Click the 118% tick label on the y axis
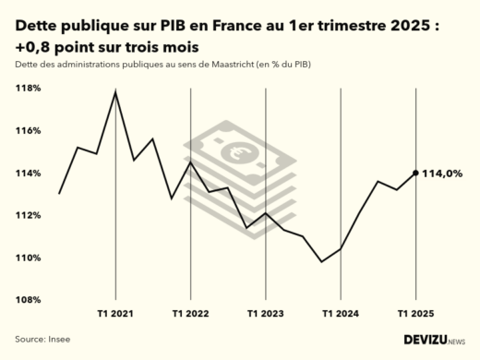click(28, 89)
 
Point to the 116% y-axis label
click(28, 131)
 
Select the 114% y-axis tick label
click(28, 174)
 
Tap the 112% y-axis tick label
click(28, 215)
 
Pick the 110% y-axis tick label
click(28, 258)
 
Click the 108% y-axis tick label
click(28, 300)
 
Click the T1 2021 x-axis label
click(115, 314)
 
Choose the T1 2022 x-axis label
click(190, 314)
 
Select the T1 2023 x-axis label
click(265, 314)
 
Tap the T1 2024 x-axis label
click(340, 314)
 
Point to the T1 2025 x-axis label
click(414, 314)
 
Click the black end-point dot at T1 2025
click(415, 173)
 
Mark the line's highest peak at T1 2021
click(115, 91)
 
